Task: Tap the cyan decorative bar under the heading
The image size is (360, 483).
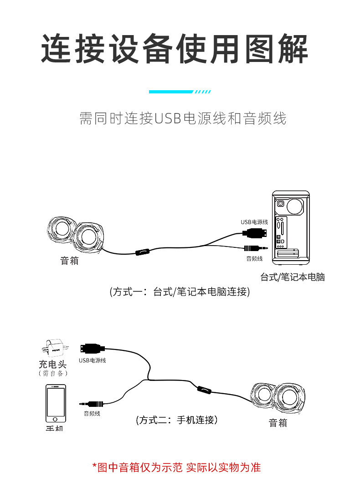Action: pos(171,92)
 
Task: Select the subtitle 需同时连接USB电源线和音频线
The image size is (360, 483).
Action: pos(183,118)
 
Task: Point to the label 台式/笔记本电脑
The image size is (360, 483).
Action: pos(292,277)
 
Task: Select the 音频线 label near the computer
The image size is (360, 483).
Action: pos(254,259)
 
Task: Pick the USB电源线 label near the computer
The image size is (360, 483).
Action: pos(254,222)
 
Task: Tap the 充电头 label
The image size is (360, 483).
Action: pos(53,364)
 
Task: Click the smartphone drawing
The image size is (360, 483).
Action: pos(56,403)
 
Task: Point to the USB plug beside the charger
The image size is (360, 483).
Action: pos(91,349)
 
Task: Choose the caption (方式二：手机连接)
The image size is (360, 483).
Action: pos(177,420)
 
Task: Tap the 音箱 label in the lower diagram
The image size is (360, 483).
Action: pos(278,423)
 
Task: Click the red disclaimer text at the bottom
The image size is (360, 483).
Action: pos(176,467)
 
